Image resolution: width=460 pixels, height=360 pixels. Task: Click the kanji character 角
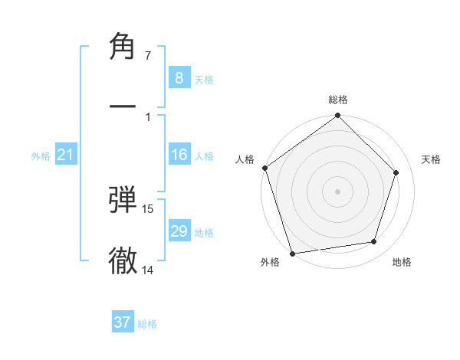tap(123, 47)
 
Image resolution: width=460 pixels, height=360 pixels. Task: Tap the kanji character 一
tap(123, 107)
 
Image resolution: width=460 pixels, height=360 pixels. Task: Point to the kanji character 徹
tap(123, 260)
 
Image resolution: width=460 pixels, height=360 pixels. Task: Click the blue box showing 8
tap(179, 77)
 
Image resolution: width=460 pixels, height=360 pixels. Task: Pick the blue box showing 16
tap(179, 155)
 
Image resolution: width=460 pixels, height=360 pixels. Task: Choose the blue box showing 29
tap(179, 231)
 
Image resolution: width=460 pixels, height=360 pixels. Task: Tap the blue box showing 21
tap(65, 155)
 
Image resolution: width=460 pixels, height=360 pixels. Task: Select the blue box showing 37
tap(123, 322)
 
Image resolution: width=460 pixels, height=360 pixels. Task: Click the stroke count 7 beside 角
tap(147, 56)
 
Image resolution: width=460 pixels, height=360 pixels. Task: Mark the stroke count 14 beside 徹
tap(148, 270)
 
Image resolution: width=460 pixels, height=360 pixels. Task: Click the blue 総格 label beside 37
tap(147, 324)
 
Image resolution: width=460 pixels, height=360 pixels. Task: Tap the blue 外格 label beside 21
tap(41, 156)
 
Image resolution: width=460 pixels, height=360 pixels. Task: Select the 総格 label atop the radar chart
tap(338, 100)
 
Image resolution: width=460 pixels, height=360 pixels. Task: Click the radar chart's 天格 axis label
tap(432, 159)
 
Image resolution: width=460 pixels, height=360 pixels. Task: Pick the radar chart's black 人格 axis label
tap(245, 159)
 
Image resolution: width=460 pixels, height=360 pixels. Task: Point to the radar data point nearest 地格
tap(374, 242)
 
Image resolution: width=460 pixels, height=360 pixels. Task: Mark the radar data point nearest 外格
tap(292, 253)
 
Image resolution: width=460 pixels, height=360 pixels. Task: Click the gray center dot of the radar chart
tap(338, 191)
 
